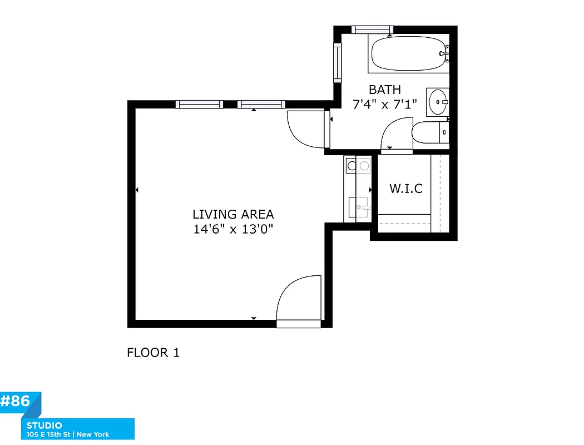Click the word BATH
tap(385, 90)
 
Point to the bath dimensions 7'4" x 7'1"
tap(385, 104)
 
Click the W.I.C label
tap(405, 189)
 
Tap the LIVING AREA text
tap(233, 214)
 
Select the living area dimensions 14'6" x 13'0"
tap(233, 229)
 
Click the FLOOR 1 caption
tap(154, 353)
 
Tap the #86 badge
tap(17, 402)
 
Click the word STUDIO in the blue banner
tap(44, 426)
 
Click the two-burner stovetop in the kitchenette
tap(358, 165)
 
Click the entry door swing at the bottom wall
tap(299, 299)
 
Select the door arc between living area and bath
tap(305, 129)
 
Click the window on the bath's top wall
tap(372, 29)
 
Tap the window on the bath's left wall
tap(337, 62)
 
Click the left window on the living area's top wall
tap(199, 104)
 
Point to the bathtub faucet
tap(444, 54)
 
